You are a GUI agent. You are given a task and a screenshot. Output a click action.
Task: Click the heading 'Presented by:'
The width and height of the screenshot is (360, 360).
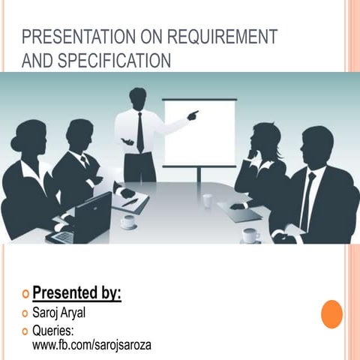[76, 292]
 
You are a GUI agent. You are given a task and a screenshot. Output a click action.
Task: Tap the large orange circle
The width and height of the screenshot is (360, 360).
[331, 313]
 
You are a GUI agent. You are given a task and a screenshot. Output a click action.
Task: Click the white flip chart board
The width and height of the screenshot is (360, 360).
[199, 133]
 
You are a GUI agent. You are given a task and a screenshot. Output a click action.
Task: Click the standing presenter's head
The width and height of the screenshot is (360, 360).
[138, 98]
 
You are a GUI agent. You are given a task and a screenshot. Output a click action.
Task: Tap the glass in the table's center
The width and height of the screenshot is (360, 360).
[207, 200]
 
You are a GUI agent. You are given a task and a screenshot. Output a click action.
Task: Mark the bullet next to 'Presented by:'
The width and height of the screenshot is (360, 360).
[25, 293]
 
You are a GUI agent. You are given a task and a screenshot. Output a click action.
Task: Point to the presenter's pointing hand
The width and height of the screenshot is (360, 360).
[193, 115]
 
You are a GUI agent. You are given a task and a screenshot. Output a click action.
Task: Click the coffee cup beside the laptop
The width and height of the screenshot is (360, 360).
[128, 221]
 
